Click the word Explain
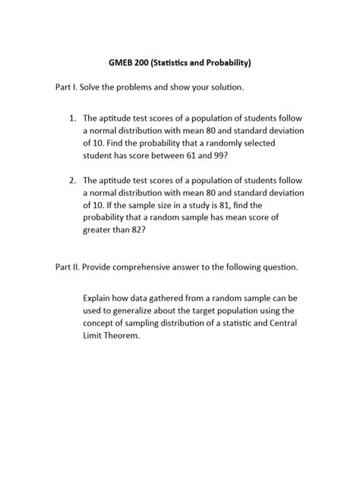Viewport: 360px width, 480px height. click(99, 298)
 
